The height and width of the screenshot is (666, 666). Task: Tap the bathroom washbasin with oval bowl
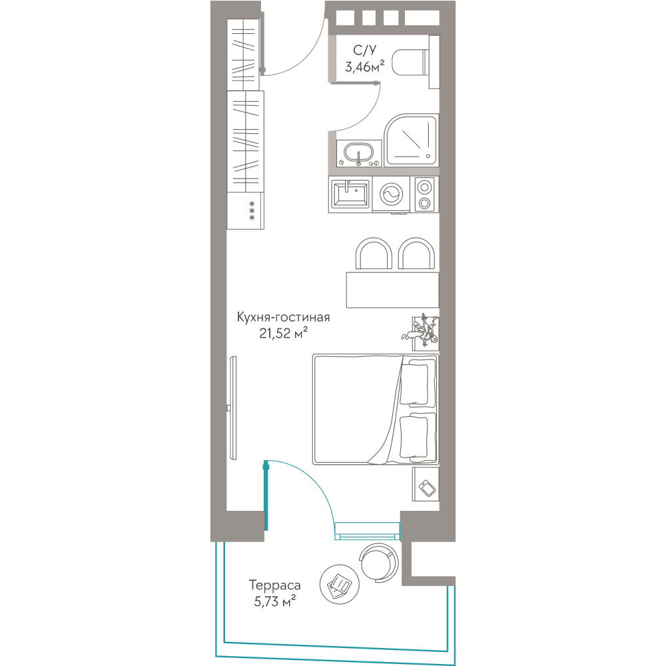tap(359, 153)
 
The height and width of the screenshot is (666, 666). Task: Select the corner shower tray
tap(411, 140)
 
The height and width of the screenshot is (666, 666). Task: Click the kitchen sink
tap(350, 194)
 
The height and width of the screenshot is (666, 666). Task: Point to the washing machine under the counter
tap(391, 194)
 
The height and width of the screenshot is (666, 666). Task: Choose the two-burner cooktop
tap(424, 194)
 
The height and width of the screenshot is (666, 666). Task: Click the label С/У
tap(364, 50)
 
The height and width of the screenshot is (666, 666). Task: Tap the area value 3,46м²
tap(364, 67)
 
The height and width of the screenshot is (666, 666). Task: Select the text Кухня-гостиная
tap(283, 317)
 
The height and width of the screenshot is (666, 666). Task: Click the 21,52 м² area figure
tap(283, 334)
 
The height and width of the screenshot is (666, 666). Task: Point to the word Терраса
tap(275, 585)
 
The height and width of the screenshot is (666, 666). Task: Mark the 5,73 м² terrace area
tap(275, 601)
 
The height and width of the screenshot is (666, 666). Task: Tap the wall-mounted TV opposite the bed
tap(232, 408)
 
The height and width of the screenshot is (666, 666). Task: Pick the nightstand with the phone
tap(426, 485)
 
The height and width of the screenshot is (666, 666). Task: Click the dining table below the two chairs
tap(392, 290)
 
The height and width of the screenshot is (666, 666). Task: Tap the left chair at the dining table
tap(374, 254)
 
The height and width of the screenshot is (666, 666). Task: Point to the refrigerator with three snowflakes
tap(246, 211)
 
